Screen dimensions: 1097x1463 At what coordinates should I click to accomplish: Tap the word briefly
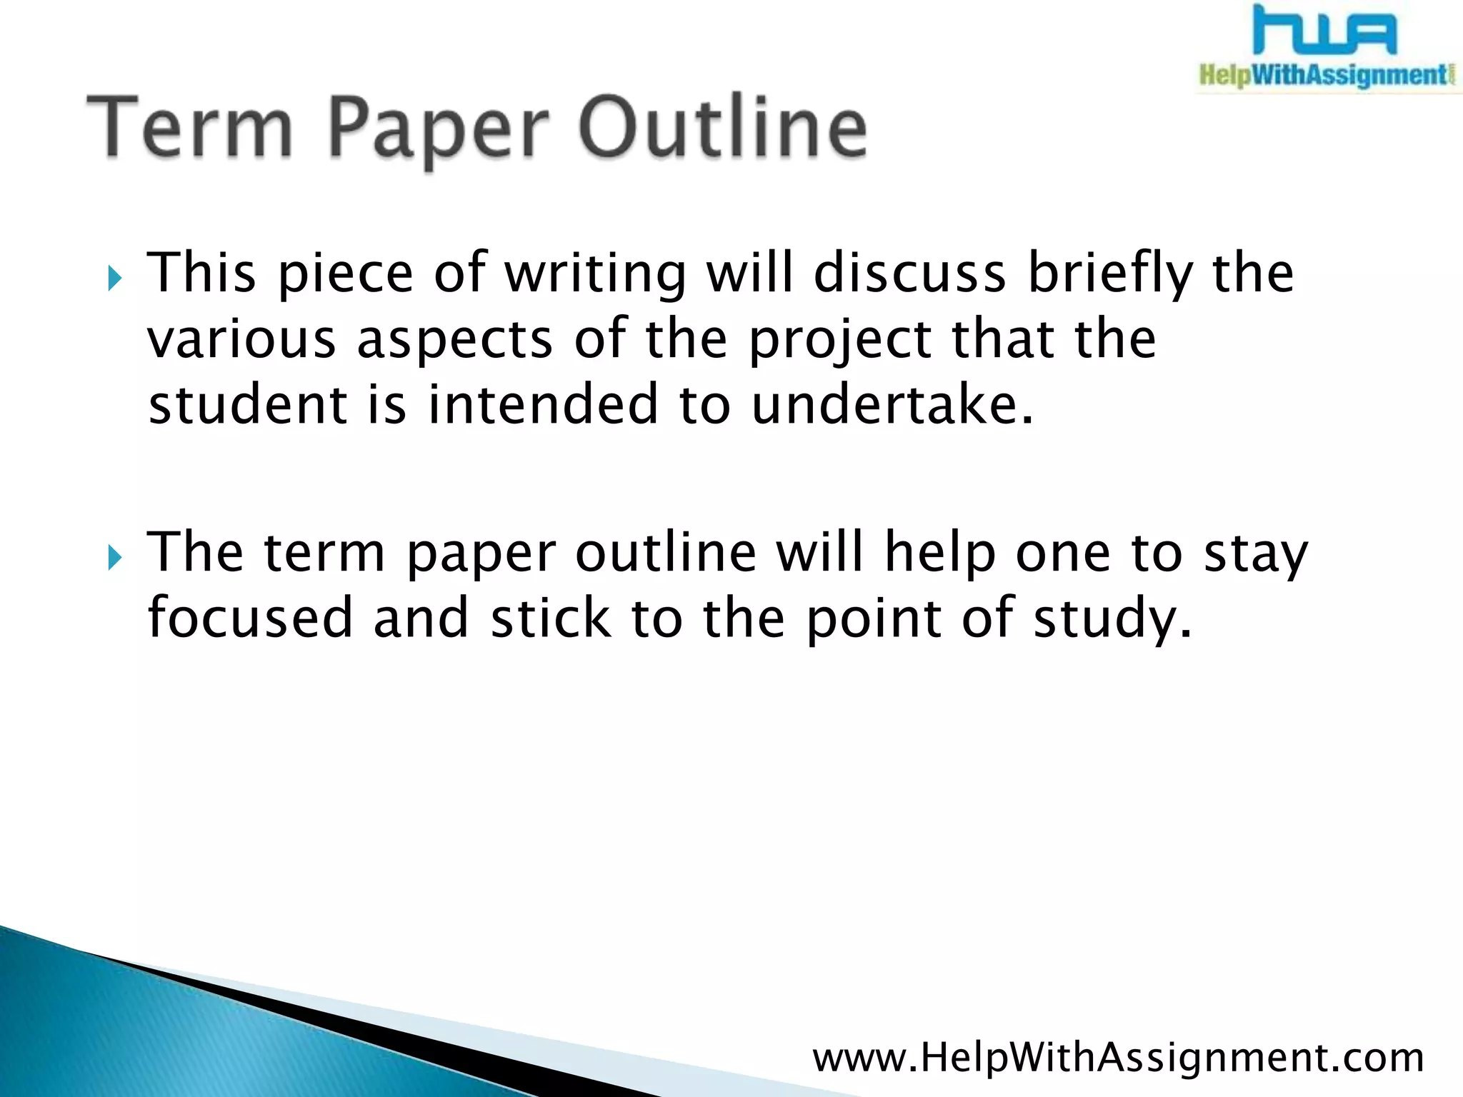tap(1110, 275)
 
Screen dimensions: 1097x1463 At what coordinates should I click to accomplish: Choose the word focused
tap(250, 618)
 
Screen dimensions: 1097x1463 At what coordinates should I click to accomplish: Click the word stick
tap(551, 618)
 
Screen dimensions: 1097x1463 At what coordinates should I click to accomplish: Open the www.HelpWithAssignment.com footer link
tap(1118, 1058)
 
